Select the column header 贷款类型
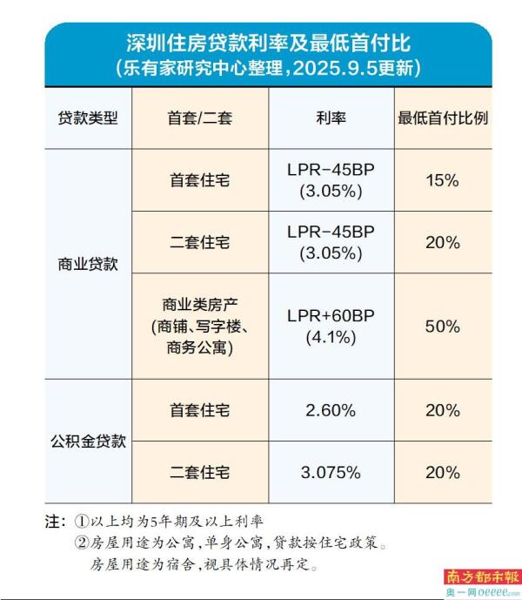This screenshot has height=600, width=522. tap(87, 118)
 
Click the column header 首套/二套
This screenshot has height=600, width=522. tap(200, 118)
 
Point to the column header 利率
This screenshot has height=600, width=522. tap(331, 118)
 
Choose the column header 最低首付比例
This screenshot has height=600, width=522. tap(443, 118)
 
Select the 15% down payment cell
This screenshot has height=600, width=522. tap(443, 180)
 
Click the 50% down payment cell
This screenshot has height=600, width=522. tap(443, 327)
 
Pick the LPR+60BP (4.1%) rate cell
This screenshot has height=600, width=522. tap(331, 327)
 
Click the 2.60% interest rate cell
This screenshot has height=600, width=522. tap(331, 409)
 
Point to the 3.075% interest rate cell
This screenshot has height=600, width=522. tap(331, 472)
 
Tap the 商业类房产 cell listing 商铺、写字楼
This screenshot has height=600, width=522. tap(200, 327)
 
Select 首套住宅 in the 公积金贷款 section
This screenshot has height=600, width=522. tap(200, 409)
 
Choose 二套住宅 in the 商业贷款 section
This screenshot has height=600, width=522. tap(200, 243)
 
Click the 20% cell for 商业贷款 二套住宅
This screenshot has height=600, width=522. tap(443, 243)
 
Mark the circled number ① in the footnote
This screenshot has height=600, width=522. tap(81, 523)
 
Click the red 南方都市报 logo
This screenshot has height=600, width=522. tap(482, 576)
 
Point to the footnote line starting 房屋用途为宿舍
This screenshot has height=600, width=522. tap(204, 564)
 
